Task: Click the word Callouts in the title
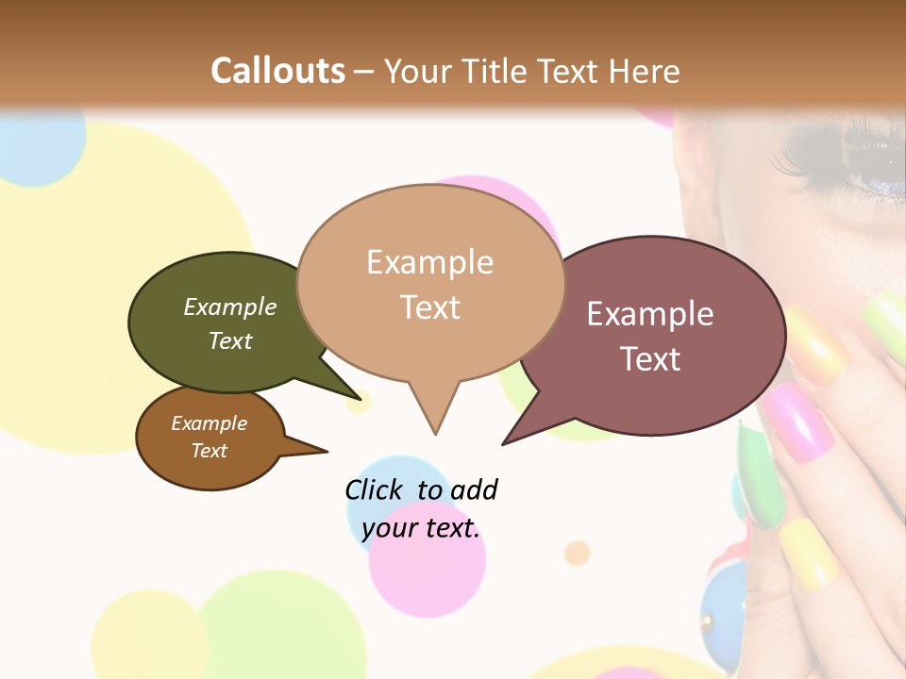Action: pyautogui.click(x=277, y=71)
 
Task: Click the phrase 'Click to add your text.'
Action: pyautogui.click(x=421, y=508)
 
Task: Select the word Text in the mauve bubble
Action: pyautogui.click(x=650, y=358)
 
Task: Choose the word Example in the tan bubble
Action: pyautogui.click(x=429, y=262)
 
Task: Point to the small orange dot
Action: pyautogui.click(x=577, y=552)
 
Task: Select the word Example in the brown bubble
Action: pyautogui.click(x=209, y=423)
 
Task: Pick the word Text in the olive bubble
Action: pyautogui.click(x=230, y=340)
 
